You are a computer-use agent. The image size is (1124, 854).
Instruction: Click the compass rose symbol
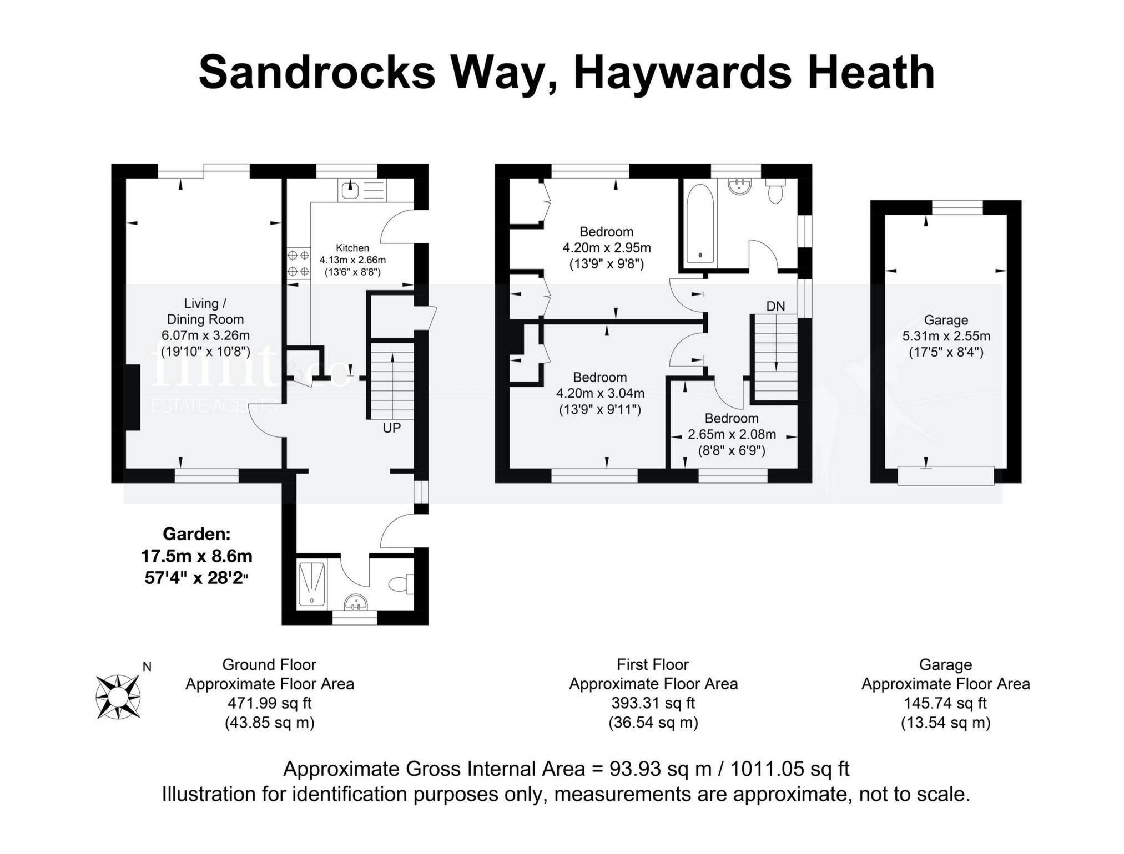click(117, 697)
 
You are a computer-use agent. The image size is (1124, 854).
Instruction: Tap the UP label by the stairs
click(391, 428)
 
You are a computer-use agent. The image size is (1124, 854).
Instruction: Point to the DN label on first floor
click(775, 306)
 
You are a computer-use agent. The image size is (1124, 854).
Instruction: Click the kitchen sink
click(351, 190)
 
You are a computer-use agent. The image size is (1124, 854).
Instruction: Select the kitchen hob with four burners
click(298, 263)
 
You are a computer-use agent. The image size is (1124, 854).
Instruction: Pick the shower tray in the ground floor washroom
click(311, 584)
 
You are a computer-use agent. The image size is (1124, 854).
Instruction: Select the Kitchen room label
click(352, 248)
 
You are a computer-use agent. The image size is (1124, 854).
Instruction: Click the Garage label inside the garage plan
click(946, 320)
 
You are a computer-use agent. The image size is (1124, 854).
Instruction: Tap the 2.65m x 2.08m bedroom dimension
click(732, 435)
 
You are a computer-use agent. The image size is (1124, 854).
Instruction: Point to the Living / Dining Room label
click(205, 311)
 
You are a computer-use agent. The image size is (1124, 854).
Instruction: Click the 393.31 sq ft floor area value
click(653, 703)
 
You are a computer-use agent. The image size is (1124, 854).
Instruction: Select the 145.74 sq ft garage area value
click(945, 703)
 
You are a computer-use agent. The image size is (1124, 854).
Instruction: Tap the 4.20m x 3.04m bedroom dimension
click(600, 394)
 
